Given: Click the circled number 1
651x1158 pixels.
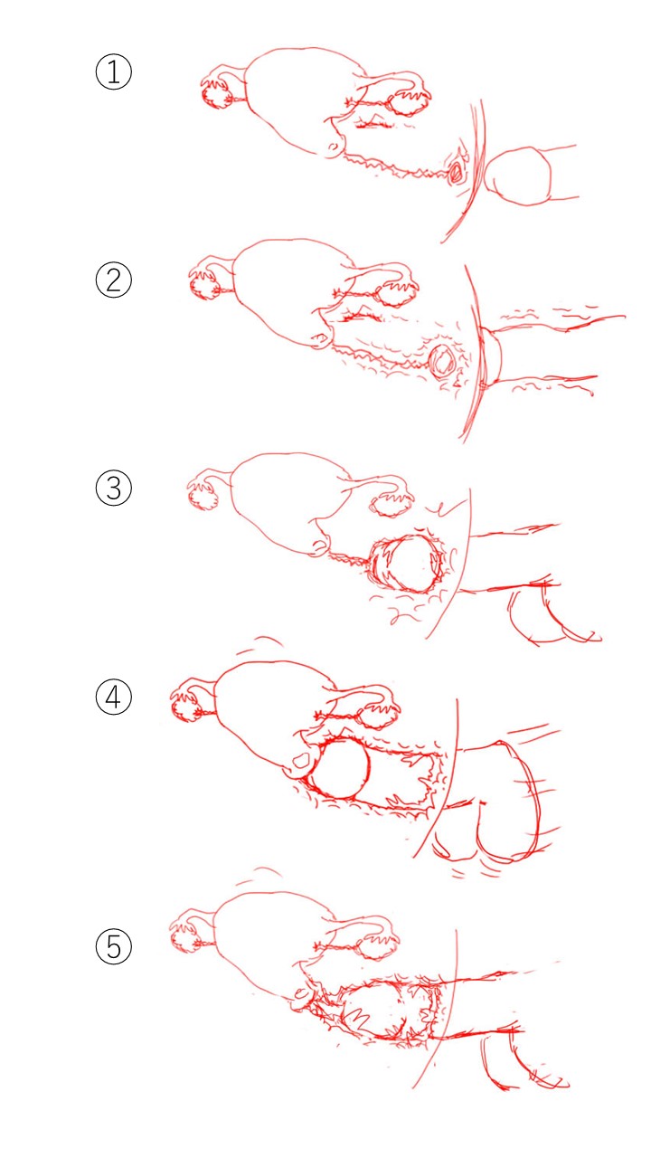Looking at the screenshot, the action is click(114, 71).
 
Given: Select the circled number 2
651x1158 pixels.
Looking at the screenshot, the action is click(114, 280).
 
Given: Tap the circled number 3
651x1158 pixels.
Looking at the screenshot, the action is click(114, 488).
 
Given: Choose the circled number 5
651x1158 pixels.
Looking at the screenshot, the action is click(114, 946).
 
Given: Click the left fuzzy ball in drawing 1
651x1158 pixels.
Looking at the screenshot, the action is click(216, 95).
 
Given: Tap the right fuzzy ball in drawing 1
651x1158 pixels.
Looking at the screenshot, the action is click(407, 103).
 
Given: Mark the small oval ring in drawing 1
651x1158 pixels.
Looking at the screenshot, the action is click(456, 172).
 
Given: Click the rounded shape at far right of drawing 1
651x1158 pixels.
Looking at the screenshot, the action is click(518, 176).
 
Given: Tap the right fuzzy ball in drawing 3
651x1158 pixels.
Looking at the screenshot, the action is click(392, 505).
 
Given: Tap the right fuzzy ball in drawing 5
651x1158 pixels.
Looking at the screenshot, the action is click(378, 948).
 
